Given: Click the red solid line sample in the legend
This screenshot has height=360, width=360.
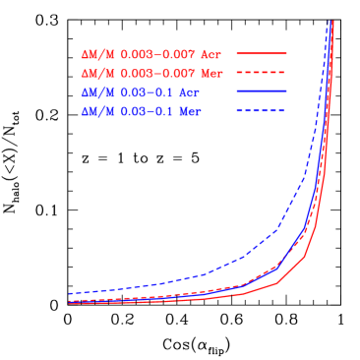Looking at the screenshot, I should (261, 53).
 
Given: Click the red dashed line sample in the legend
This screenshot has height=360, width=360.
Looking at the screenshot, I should (261, 73).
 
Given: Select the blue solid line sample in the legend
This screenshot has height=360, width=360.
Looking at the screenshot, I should (261, 91).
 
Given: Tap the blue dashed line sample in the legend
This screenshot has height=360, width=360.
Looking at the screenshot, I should (261, 111).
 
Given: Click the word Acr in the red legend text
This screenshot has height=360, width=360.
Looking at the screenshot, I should (213, 53).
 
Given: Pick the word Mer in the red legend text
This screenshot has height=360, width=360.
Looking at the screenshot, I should (213, 73).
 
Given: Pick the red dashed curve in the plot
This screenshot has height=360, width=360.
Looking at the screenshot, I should (241, 285).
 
